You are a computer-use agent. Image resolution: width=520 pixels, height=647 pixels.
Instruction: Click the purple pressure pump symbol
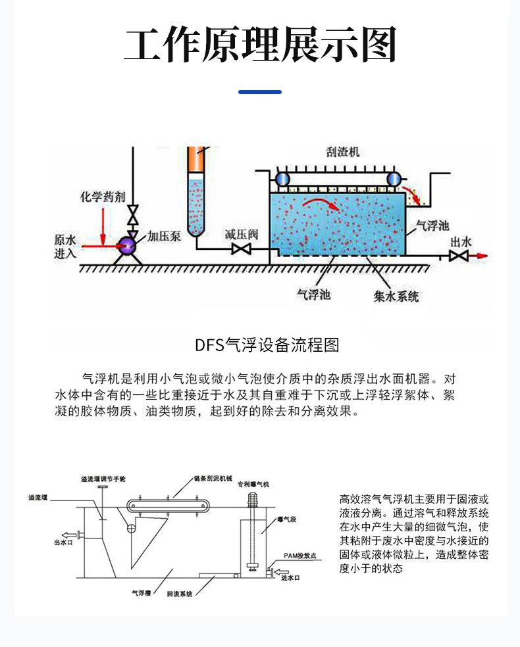127,246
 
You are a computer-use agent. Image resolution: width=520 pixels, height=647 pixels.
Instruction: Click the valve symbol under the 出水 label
458,255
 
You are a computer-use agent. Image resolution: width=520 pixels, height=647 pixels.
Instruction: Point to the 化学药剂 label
102,197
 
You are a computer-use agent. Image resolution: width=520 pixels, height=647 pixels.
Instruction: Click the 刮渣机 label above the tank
343,152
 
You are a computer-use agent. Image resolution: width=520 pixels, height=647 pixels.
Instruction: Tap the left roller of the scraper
282,179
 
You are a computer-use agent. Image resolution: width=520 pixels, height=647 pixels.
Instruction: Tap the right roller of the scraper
394,179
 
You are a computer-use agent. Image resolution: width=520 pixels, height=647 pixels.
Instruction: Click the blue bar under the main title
259,92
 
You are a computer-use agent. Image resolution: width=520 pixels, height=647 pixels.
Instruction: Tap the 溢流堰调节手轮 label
102,479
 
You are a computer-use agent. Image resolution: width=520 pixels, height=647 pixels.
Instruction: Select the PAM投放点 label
300,556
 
